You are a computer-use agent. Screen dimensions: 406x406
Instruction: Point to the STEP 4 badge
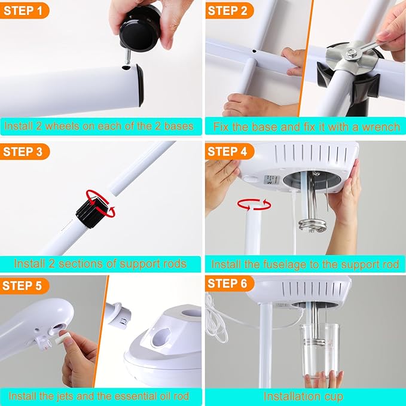tap(228, 151)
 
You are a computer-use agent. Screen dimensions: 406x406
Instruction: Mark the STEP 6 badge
tap(228, 283)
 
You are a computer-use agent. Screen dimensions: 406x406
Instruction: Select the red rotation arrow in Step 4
tap(254, 205)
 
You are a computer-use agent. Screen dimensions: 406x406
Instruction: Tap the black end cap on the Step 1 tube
tap(139, 84)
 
